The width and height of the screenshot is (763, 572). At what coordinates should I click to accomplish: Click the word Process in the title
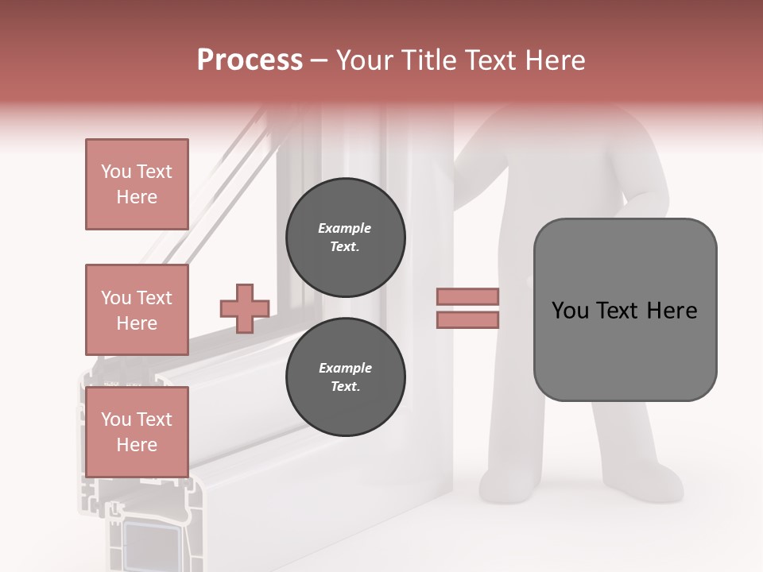(250, 60)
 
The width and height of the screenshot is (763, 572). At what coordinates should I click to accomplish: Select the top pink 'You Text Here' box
(137, 184)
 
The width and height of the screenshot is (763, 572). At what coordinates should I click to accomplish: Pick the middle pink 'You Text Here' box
(137, 310)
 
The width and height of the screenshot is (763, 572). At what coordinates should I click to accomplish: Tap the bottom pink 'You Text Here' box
(137, 432)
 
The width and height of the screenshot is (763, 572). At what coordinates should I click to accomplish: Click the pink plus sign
(245, 308)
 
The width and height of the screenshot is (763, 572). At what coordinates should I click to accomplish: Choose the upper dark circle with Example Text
(345, 238)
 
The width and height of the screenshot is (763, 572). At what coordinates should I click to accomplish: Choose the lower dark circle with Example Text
(345, 377)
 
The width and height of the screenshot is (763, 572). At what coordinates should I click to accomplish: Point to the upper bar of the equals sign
(468, 297)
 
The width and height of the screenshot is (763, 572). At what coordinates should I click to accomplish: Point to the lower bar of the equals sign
(468, 319)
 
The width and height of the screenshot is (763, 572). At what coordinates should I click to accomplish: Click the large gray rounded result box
(625, 350)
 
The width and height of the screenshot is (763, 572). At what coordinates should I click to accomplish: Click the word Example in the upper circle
(345, 229)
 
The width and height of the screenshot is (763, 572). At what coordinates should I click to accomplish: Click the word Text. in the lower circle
(345, 387)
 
